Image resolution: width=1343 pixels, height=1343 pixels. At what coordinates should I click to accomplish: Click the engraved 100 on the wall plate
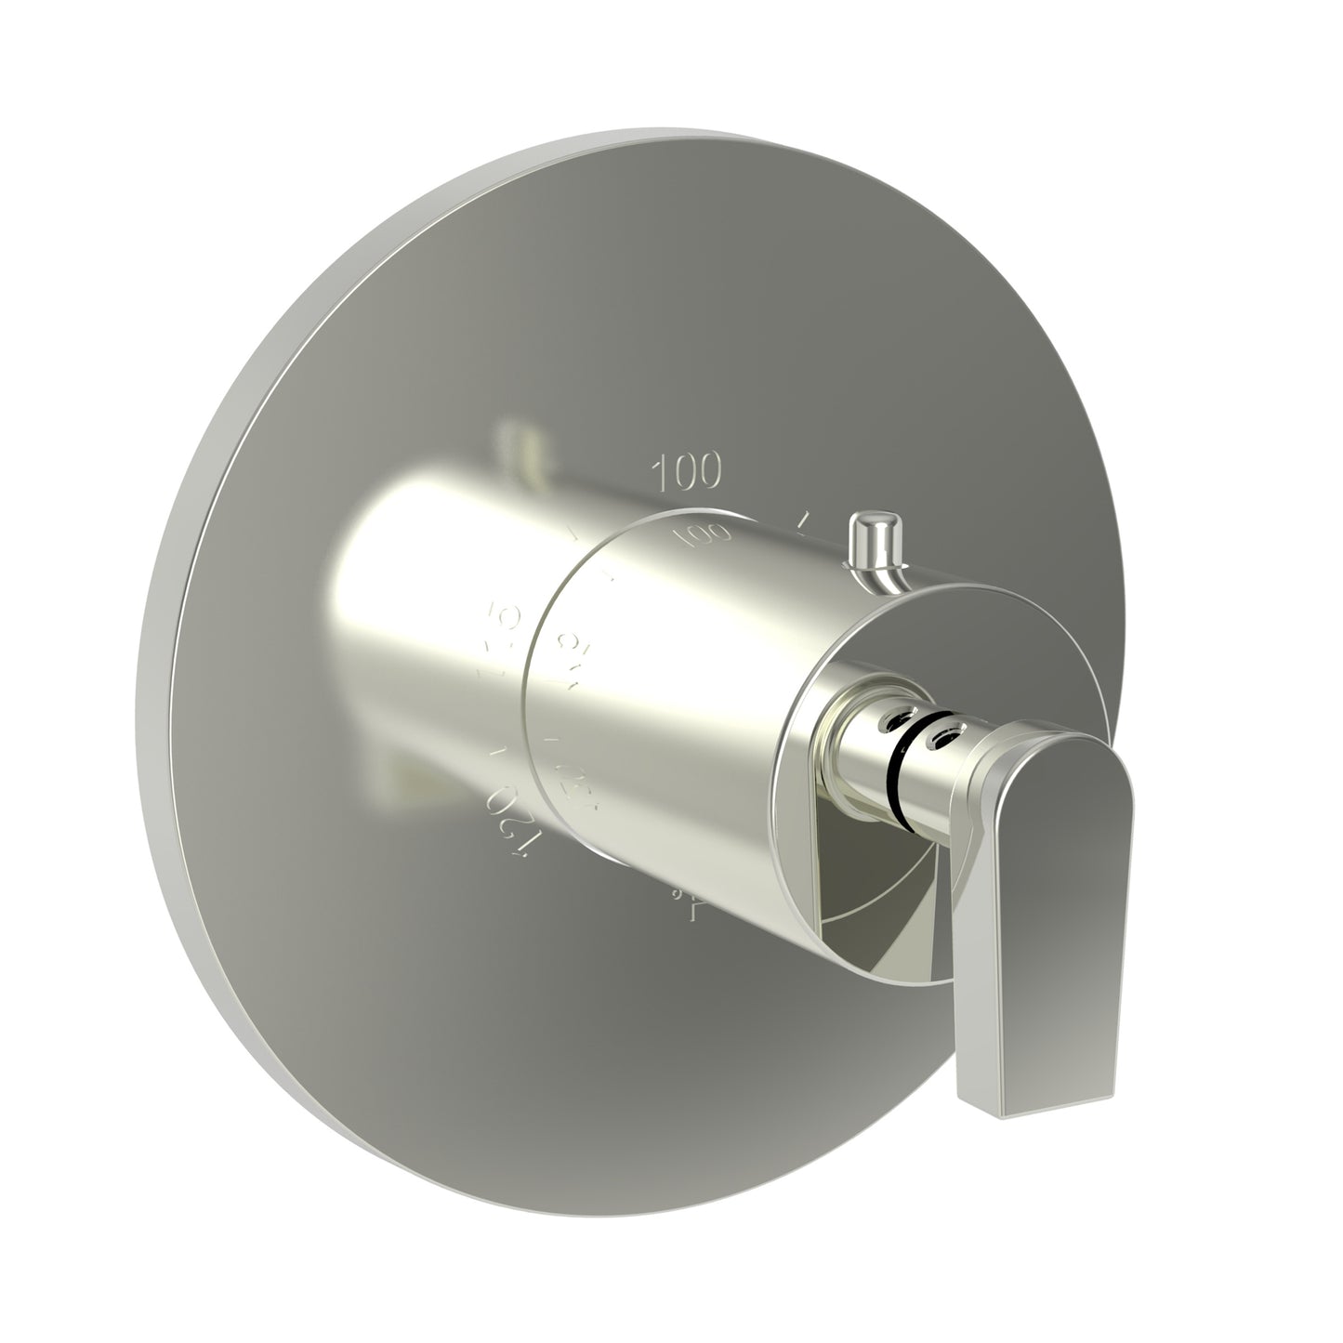tap(688, 472)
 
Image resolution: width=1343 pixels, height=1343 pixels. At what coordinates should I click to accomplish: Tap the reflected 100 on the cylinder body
tap(704, 535)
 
